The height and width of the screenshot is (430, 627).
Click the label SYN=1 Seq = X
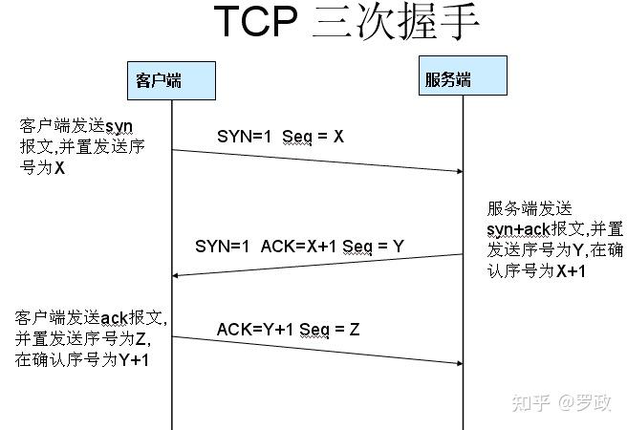point(280,137)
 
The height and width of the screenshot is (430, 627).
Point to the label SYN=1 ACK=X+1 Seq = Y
point(299,247)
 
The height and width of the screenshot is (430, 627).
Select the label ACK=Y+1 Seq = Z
point(288,330)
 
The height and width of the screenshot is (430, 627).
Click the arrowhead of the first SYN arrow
point(457,171)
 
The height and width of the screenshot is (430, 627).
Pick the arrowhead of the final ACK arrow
point(457,363)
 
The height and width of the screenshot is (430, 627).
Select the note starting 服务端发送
point(554,240)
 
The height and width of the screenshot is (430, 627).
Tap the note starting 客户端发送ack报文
point(91,338)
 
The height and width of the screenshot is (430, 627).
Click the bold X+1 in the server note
point(571,271)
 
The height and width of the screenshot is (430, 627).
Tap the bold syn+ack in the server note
point(517,230)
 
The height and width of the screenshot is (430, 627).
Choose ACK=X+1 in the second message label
point(293,247)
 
